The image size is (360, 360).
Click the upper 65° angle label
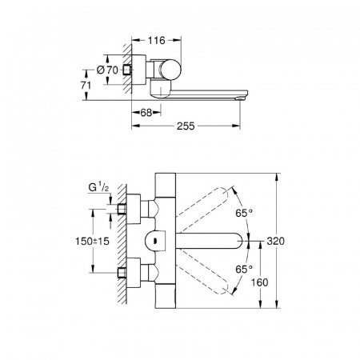click(244, 213)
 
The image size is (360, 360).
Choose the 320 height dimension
click(292, 240)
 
